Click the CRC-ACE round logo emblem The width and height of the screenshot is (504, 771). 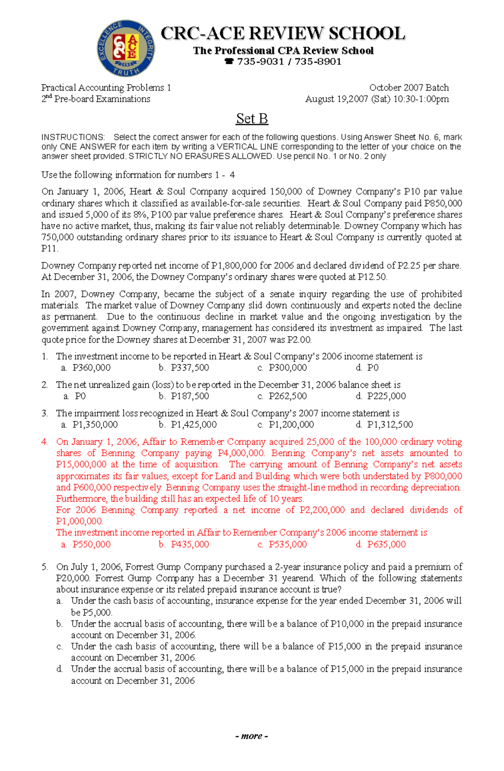pyautogui.click(x=126, y=48)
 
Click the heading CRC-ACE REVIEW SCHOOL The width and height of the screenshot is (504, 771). pyautogui.click(x=283, y=34)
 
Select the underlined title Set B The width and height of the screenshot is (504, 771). pyautogui.click(x=252, y=119)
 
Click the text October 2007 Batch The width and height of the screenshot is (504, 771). pyautogui.click(x=409, y=87)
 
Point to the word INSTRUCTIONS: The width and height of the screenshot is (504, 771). pyautogui.click(x=73, y=137)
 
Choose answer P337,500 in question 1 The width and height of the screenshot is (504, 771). pyautogui.click(x=189, y=368)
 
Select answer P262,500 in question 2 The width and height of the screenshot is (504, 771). pyautogui.click(x=287, y=396)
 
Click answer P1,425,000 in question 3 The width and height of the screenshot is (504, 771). pyautogui.click(x=193, y=425)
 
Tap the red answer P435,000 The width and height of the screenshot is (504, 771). pyautogui.click(x=189, y=545)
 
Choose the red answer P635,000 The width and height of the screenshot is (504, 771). pyautogui.click(x=386, y=545)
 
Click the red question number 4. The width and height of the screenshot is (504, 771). pyautogui.click(x=45, y=442)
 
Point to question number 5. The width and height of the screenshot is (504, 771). pyautogui.click(x=45, y=567)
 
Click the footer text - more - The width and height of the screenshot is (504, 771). pyautogui.click(x=252, y=736)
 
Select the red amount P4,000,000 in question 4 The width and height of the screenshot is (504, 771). pyautogui.click(x=241, y=453)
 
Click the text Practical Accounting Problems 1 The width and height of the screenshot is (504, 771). pyautogui.click(x=106, y=87)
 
